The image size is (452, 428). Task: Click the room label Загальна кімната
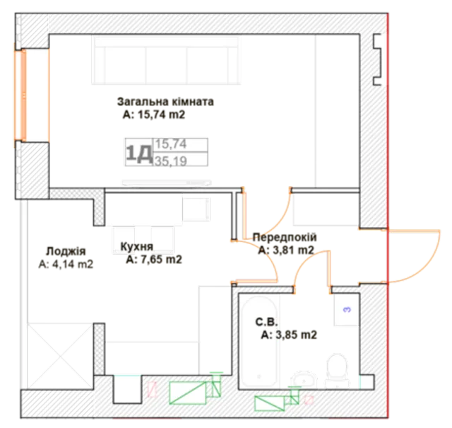pos(165,102)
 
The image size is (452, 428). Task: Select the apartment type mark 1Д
pos(139,153)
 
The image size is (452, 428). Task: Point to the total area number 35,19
pos(171,161)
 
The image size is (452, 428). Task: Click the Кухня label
pos(136,246)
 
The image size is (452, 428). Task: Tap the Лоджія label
pos(66,251)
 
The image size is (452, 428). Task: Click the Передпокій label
pos(285,237)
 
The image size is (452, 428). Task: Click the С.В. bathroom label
pos(266,322)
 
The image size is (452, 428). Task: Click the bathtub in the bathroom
pos(259,341)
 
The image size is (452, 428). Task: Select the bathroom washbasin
pos(304,380)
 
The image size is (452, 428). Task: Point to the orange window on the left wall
pos(20,96)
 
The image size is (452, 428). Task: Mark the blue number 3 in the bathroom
pos(347,310)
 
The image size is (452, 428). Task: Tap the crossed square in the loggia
pos(60,356)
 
